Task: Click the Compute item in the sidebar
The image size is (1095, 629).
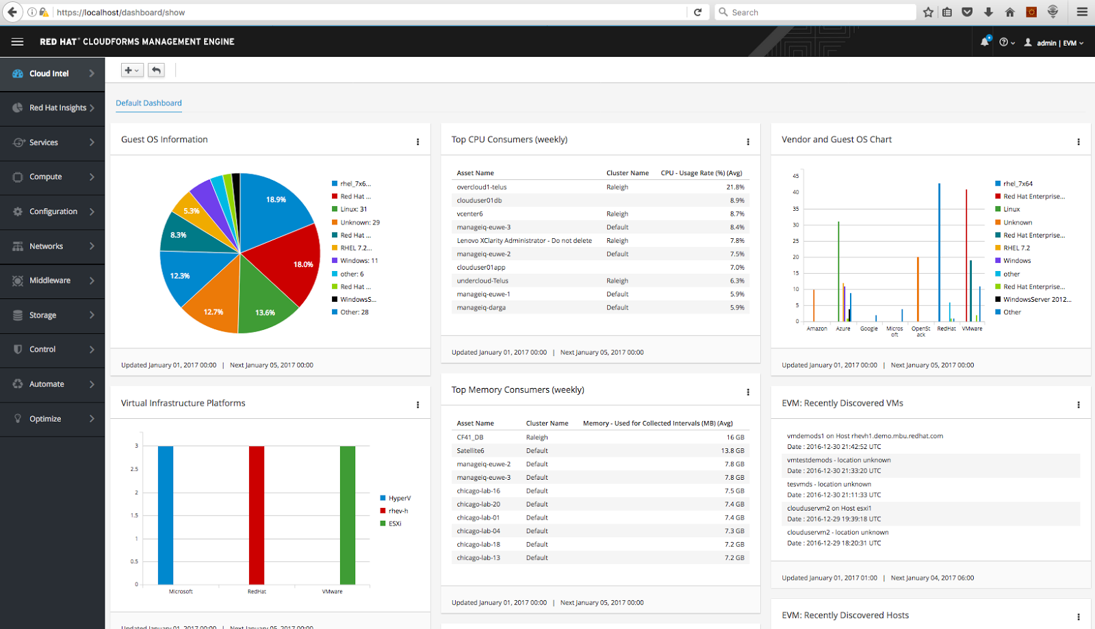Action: pyautogui.click(x=46, y=177)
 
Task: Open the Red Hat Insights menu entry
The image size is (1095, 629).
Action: pyautogui.click(x=57, y=107)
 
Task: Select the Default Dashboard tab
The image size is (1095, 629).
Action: pyautogui.click(x=149, y=103)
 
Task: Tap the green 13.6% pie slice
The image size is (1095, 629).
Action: pyautogui.click(x=263, y=305)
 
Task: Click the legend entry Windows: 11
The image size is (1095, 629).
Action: pyautogui.click(x=359, y=261)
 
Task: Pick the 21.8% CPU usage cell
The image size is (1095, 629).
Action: pyautogui.click(x=735, y=187)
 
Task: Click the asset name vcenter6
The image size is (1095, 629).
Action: pyautogui.click(x=469, y=214)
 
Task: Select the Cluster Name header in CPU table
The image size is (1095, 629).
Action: pyautogui.click(x=627, y=173)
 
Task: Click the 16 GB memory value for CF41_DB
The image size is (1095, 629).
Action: pyautogui.click(x=735, y=437)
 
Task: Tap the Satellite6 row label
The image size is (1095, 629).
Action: pyautogui.click(x=470, y=451)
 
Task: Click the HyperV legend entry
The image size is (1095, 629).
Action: pyautogui.click(x=399, y=498)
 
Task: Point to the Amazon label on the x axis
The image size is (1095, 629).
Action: pyautogui.click(x=816, y=329)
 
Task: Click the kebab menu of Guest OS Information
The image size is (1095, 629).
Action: pyautogui.click(x=417, y=142)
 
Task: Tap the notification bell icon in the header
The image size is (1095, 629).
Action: pyautogui.click(x=984, y=42)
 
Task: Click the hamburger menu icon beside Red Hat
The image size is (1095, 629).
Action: pyautogui.click(x=18, y=42)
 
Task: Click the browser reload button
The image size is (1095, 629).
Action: pyautogui.click(x=697, y=12)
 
